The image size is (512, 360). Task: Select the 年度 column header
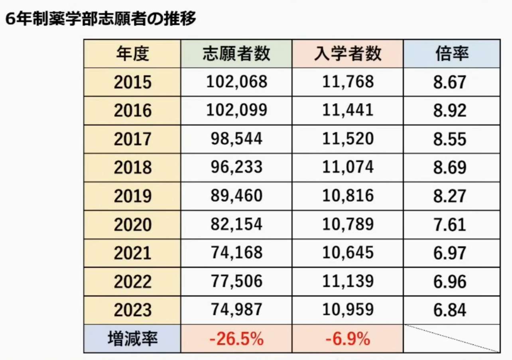tap(132, 54)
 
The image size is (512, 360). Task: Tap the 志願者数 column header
tap(236, 54)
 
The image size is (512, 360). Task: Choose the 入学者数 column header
tap(348, 54)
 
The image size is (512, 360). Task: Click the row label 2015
tap(132, 83)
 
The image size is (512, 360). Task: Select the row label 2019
tap(132, 196)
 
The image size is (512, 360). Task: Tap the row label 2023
tap(132, 310)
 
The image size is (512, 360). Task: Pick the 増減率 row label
tap(132, 339)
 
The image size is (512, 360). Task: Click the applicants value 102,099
tap(236, 111)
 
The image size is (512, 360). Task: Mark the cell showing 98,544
tap(236, 139)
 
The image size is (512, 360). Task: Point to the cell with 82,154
tap(236, 224)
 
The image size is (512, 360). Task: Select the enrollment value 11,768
tap(348, 82)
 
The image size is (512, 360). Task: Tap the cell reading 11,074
tap(348, 167)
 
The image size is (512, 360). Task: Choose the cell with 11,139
tap(348, 281)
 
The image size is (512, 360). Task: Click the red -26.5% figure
tap(236, 339)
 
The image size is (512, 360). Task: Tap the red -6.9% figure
tap(348, 339)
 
